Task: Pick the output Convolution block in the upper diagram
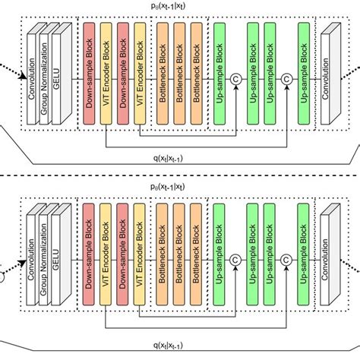(x=329, y=73)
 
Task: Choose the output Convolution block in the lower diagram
(x=329, y=254)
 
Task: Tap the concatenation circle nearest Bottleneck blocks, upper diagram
(x=237, y=78)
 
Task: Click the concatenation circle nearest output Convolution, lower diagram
(x=287, y=259)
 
